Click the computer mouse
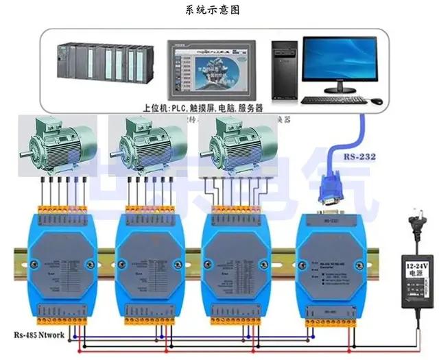pos(376,101)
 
